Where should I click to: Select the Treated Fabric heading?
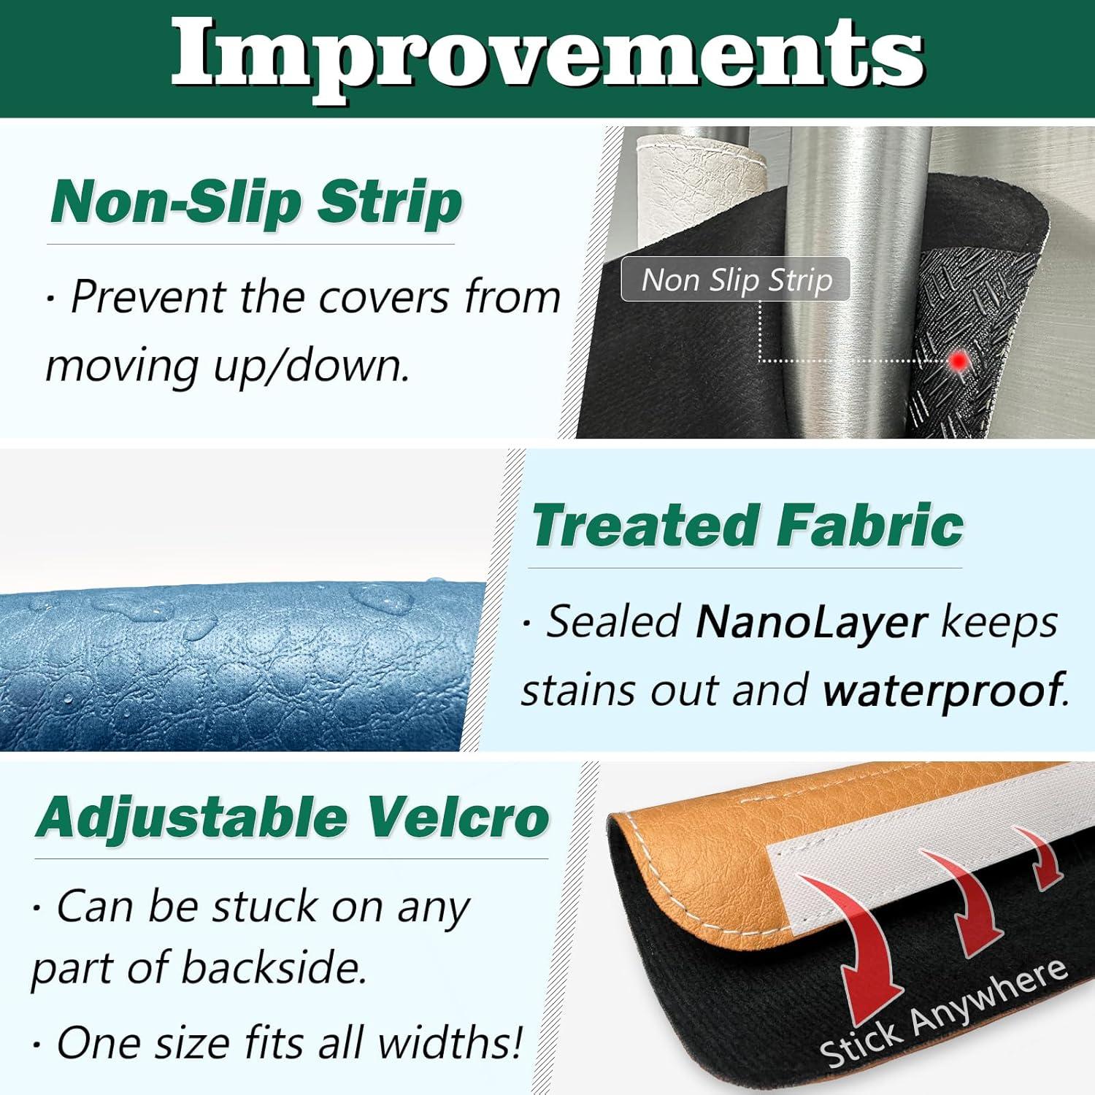(x=748, y=525)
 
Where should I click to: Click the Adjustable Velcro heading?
(x=292, y=817)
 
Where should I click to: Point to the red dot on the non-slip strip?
(x=959, y=360)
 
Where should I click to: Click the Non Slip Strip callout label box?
(x=736, y=279)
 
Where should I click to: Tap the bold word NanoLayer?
(x=812, y=622)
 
